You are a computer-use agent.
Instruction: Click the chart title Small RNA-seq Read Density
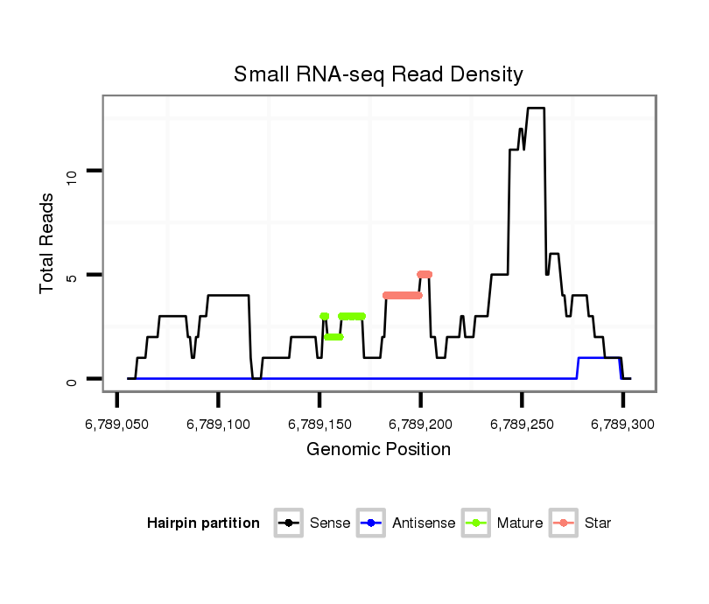(378, 74)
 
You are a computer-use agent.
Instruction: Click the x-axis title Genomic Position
(378, 450)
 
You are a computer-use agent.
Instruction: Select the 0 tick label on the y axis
(73, 379)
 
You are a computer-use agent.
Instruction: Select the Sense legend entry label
(330, 523)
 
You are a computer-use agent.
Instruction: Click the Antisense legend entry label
(424, 523)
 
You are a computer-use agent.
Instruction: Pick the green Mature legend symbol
(477, 523)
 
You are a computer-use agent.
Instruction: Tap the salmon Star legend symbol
(565, 523)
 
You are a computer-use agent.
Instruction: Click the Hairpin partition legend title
(204, 523)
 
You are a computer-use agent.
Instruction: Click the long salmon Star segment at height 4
(403, 295)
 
